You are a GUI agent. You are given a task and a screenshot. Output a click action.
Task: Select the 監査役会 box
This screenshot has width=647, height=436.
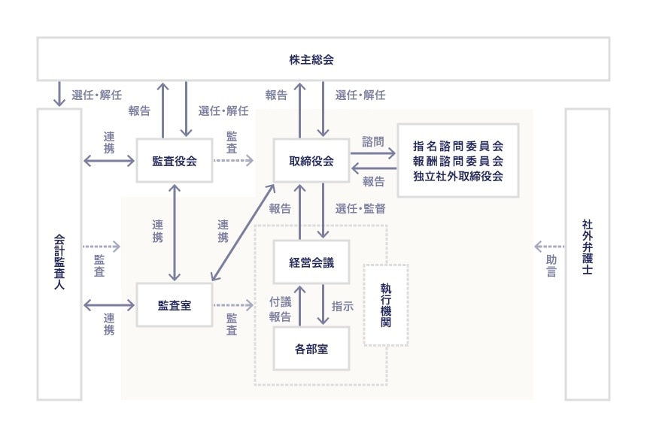click(175, 160)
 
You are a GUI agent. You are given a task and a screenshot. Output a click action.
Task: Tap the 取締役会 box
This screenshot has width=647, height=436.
click(311, 160)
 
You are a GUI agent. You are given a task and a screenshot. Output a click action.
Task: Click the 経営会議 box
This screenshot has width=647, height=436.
click(311, 262)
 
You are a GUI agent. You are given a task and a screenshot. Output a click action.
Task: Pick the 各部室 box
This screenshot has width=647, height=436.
click(311, 348)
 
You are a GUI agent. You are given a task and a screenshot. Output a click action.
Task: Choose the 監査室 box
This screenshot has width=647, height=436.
click(174, 304)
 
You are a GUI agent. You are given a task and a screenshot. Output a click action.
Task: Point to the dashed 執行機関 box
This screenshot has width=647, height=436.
click(386, 304)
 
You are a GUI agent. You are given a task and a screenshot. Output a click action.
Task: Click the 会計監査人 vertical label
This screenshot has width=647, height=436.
click(59, 253)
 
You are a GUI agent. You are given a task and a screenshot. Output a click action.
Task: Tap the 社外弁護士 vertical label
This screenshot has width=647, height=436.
click(587, 248)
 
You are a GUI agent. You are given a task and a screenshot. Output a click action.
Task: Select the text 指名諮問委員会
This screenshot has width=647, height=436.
click(458, 146)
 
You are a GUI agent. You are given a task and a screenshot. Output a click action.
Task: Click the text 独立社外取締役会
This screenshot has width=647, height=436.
click(458, 175)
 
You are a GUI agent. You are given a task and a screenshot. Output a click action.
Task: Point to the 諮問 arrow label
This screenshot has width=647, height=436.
click(372, 141)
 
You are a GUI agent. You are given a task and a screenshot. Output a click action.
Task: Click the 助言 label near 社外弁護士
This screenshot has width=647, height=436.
click(551, 265)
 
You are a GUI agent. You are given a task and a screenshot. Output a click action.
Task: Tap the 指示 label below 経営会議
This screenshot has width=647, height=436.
click(342, 306)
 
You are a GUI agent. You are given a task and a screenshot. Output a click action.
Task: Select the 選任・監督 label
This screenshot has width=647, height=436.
click(360, 208)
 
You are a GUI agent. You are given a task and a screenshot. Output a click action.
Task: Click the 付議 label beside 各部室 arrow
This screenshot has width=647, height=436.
click(281, 301)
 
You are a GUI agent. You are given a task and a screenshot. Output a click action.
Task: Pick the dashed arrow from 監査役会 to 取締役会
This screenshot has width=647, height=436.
click(234, 160)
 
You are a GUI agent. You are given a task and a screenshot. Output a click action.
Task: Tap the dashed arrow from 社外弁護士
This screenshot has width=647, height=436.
click(548, 246)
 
